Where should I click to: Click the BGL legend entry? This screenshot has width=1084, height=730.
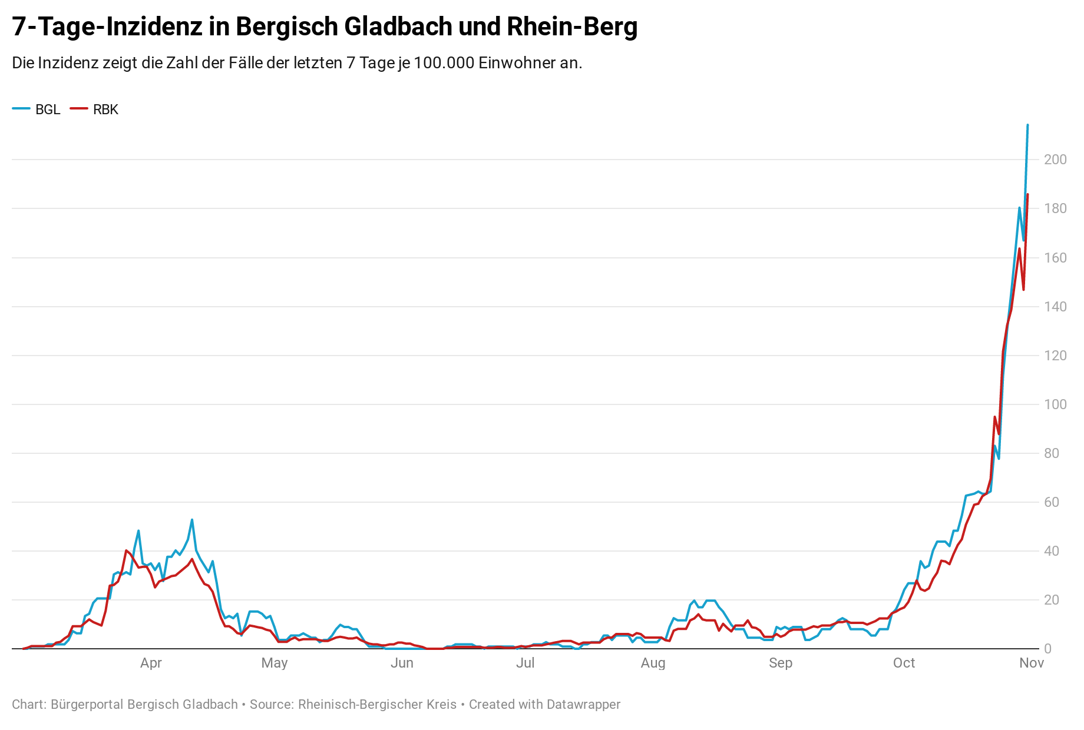point(37,109)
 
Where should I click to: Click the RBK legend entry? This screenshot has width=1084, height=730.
point(95,109)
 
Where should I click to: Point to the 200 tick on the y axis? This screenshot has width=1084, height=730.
point(1055,160)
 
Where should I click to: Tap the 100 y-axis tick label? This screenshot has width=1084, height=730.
point(1055,404)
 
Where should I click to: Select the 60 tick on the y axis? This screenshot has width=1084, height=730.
point(1052,502)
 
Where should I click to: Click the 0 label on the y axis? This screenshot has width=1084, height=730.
point(1047,649)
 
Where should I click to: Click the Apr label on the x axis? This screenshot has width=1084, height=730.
point(151,663)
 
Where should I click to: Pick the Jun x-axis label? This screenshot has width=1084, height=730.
point(402,663)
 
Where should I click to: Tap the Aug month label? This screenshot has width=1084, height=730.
point(653,663)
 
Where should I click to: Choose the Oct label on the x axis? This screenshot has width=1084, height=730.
point(904,663)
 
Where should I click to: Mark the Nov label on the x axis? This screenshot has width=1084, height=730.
point(1032,663)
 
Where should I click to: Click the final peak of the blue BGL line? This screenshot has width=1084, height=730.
point(1027,125)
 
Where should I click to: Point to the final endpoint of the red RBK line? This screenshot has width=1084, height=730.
point(1027,194)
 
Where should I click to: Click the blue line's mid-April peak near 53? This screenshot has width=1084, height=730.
point(192,520)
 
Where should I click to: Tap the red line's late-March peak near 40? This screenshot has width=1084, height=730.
point(126,550)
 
